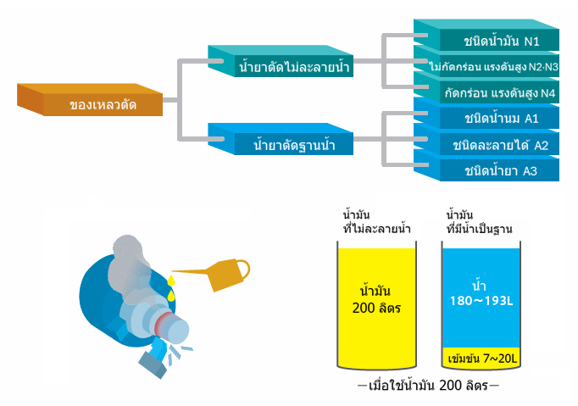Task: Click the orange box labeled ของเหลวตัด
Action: point(91,100)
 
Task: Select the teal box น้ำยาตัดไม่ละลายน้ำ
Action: point(281,61)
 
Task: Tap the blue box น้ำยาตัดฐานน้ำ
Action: point(281,139)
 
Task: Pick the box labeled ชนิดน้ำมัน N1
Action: point(486,35)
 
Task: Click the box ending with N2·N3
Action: point(486,61)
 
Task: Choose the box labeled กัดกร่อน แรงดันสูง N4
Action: point(486,87)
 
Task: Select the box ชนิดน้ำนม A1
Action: point(486,114)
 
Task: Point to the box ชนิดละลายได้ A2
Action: point(486,139)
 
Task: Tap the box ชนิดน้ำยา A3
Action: point(486,165)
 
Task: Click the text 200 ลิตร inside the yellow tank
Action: point(376,308)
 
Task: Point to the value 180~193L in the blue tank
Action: point(481,301)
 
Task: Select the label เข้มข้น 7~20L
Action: point(482,358)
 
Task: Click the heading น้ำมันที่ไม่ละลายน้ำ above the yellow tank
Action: point(377,222)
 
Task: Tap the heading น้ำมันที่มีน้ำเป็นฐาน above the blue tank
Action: point(479,222)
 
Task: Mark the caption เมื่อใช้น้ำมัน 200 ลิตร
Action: point(428,386)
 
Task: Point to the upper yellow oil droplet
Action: point(170,281)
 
